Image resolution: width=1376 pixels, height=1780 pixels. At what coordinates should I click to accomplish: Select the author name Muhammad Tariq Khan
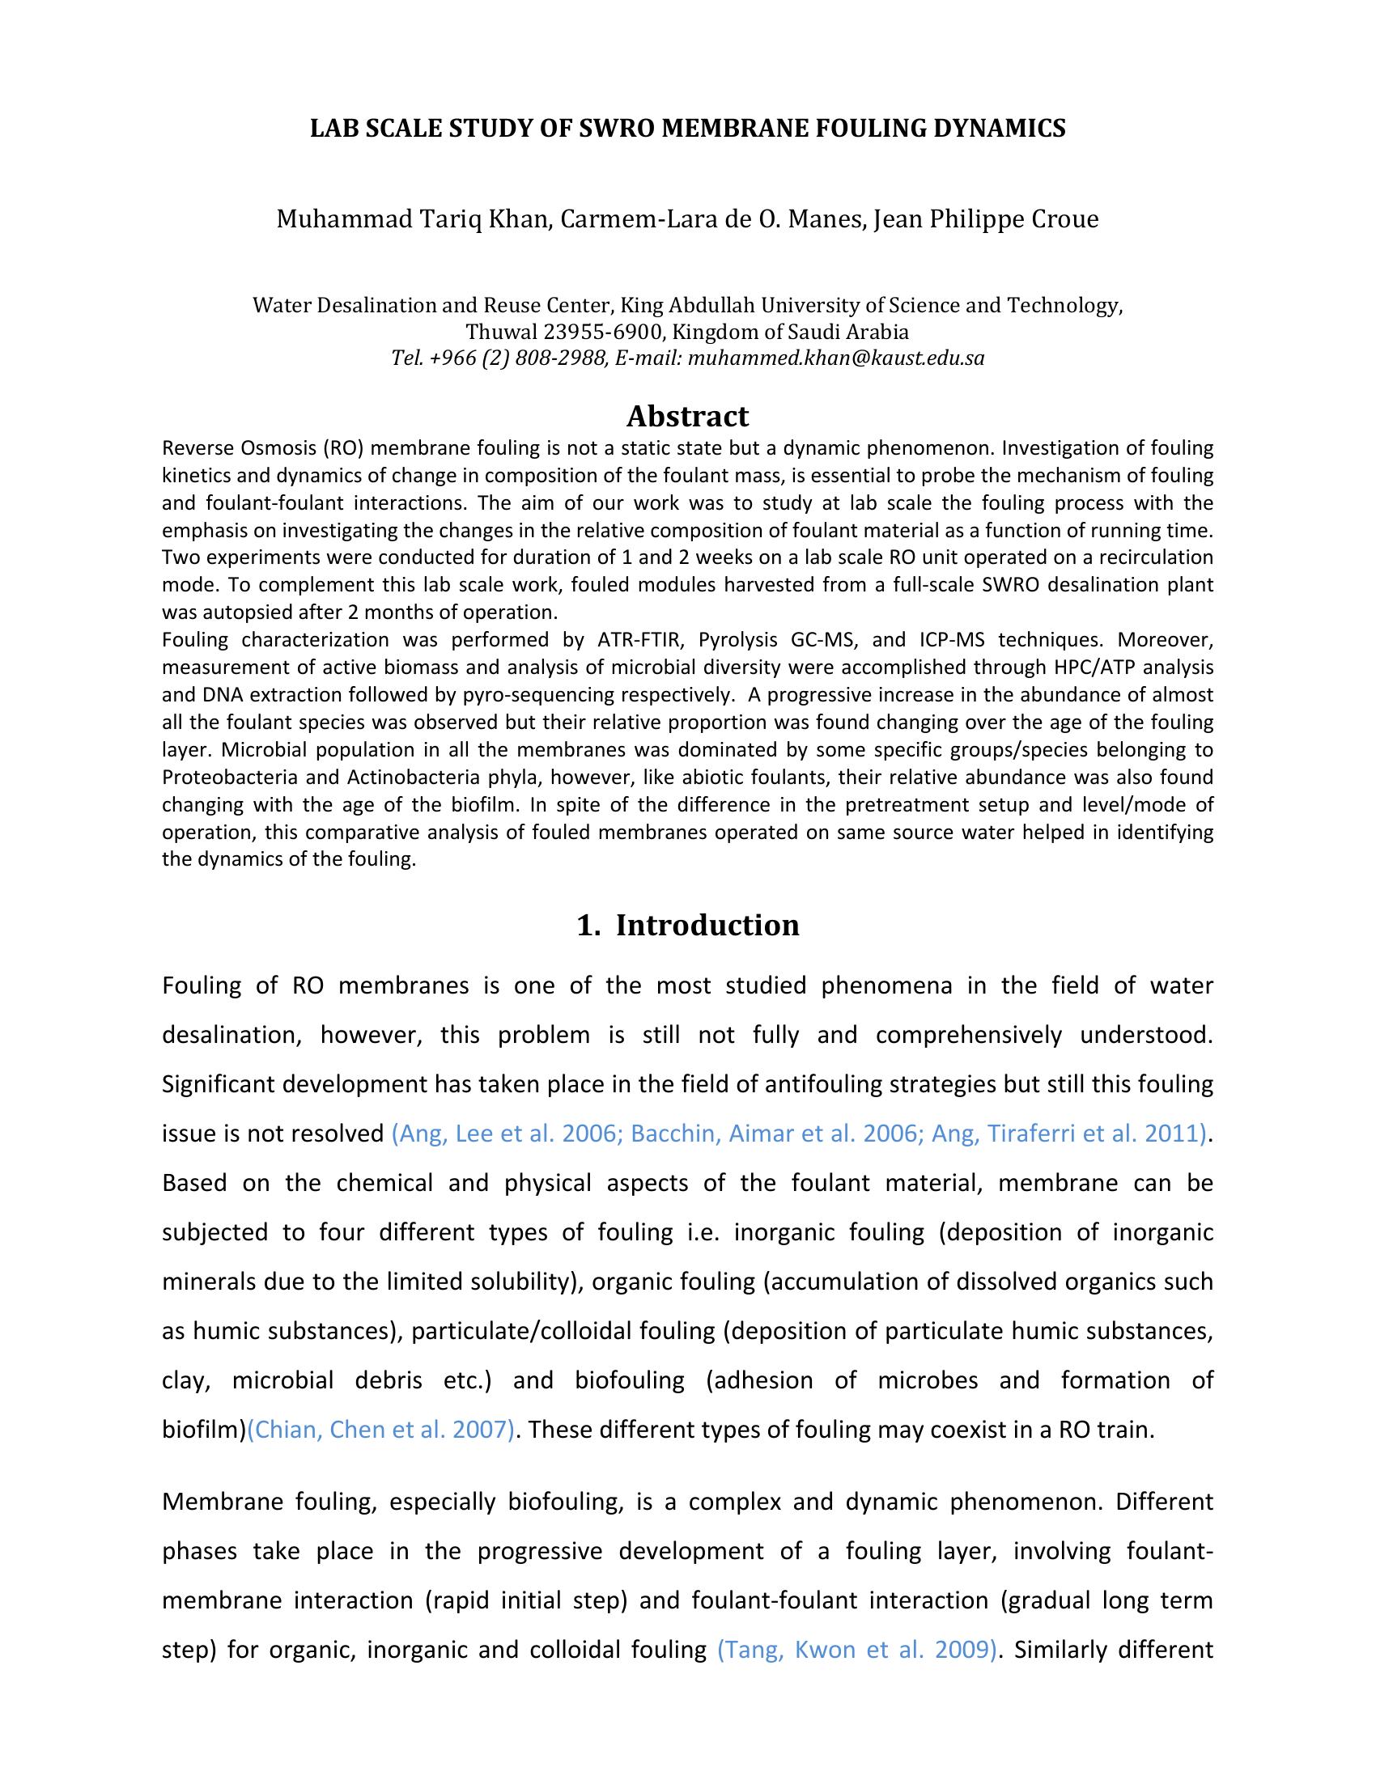point(412,219)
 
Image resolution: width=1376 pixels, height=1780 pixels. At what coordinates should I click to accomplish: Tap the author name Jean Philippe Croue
point(987,219)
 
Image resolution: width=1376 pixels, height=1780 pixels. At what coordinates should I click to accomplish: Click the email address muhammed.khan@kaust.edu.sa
point(836,358)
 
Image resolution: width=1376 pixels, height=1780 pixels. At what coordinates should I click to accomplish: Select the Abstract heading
point(687,417)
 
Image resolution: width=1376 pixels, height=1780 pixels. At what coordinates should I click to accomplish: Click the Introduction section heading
point(707,925)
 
